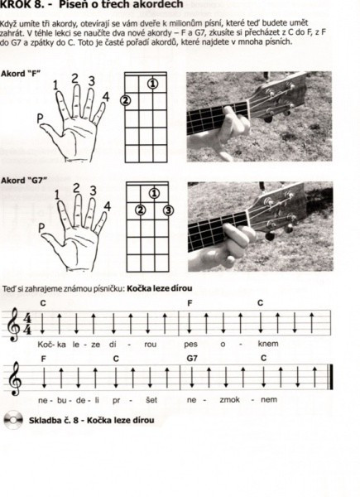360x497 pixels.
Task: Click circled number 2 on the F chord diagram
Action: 126,100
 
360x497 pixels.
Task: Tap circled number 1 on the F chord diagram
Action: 152,84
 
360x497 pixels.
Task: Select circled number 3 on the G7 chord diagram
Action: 169,210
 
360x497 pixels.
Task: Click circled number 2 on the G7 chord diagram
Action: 141,210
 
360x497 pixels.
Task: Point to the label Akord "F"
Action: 21,74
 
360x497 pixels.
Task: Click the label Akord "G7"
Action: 24,181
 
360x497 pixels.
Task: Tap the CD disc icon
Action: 13,420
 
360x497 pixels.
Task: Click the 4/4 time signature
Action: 27,324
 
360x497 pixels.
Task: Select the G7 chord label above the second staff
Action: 192,358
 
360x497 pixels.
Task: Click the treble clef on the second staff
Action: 15,379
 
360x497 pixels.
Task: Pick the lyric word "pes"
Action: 190,345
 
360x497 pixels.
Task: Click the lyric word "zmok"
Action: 230,400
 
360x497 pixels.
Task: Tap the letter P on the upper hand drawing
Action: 41,118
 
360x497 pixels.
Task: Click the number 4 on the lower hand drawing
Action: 108,206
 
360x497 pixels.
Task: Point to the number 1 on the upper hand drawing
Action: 55,85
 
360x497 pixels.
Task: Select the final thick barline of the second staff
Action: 331,377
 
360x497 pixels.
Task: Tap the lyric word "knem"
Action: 268,344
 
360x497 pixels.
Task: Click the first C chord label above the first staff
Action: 43,303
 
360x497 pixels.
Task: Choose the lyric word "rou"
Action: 151,345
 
